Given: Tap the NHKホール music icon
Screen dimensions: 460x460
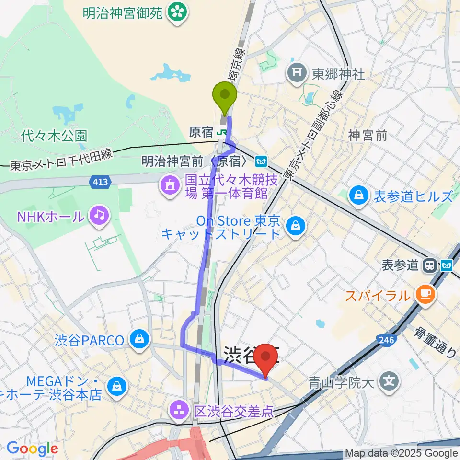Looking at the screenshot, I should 99,215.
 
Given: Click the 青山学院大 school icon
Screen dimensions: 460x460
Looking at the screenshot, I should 389,381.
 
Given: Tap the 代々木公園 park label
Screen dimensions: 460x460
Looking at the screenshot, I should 54,136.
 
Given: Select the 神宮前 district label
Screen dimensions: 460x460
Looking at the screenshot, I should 368,136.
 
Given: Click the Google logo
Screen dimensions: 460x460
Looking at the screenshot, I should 32,448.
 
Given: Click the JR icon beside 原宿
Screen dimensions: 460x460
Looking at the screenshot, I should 222,132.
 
